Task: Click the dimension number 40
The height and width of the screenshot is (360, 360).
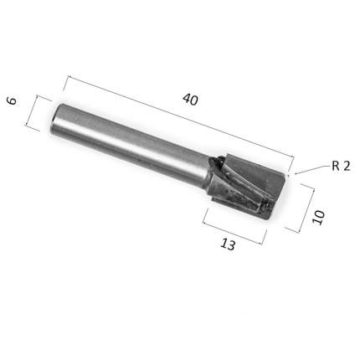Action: pyautogui.click(x=190, y=100)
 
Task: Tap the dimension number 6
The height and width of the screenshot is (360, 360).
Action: pyautogui.click(x=12, y=100)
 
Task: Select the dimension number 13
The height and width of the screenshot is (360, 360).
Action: pyautogui.click(x=228, y=244)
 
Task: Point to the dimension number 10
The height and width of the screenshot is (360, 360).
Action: pyautogui.click(x=319, y=218)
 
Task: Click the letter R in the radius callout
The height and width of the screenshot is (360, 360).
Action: pyautogui.click(x=336, y=167)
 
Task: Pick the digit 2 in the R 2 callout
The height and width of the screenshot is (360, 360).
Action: pyautogui.click(x=347, y=167)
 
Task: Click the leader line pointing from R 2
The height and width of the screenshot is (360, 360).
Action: pyautogui.click(x=312, y=169)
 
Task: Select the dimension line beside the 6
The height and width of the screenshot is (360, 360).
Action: pyautogui.click(x=32, y=111)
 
